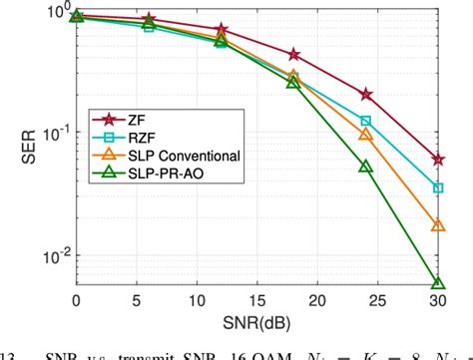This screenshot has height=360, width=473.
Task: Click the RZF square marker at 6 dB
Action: pyautogui.click(x=149, y=27)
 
